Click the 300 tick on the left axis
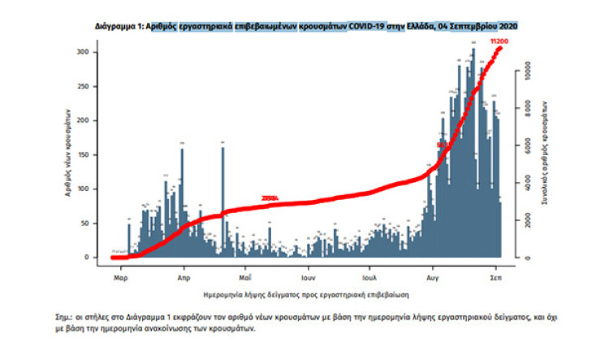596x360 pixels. point(94,52)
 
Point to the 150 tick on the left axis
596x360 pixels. point(94,154)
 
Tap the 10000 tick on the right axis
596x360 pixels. point(525,64)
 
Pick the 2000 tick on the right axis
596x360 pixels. point(525,219)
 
